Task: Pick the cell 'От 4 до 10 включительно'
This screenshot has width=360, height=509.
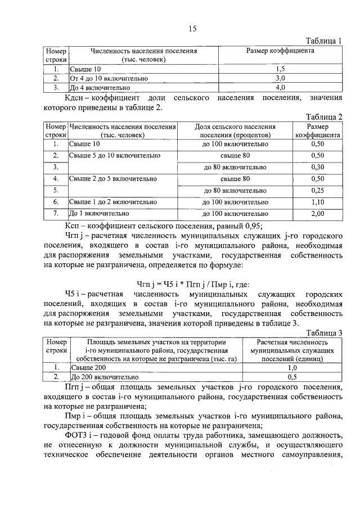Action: pos(103,79)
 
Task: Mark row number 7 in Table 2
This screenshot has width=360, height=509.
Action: pos(56,214)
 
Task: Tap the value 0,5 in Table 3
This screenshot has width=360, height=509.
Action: pos(292,377)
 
